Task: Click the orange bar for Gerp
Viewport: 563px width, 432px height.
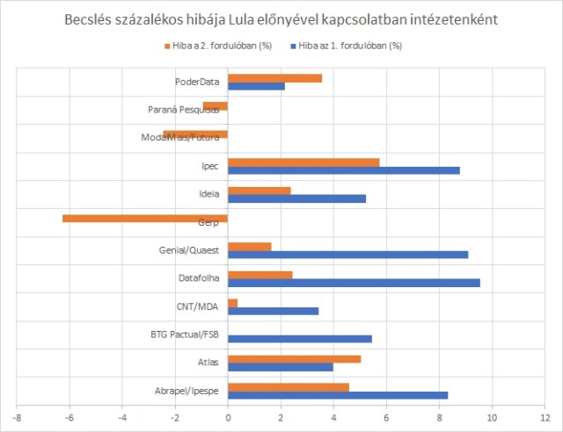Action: pyautogui.click(x=145, y=218)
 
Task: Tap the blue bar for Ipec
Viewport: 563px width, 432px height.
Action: pyautogui.click(x=343, y=170)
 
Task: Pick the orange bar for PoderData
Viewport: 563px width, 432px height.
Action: pyautogui.click(x=274, y=78)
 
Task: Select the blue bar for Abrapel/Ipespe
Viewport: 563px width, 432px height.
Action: pyautogui.click(x=338, y=395)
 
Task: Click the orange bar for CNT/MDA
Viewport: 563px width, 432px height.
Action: pyautogui.click(x=232, y=302)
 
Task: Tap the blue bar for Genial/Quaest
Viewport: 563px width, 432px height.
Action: pyautogui.click(x=347, y=255)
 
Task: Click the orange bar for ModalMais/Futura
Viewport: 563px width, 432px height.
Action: pyautogui.click(x=195, y=134)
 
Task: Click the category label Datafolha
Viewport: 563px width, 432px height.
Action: pyautogui.click(x=198, y=278)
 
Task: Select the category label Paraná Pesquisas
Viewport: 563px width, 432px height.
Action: pyautogui.click(x=183, y=111)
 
